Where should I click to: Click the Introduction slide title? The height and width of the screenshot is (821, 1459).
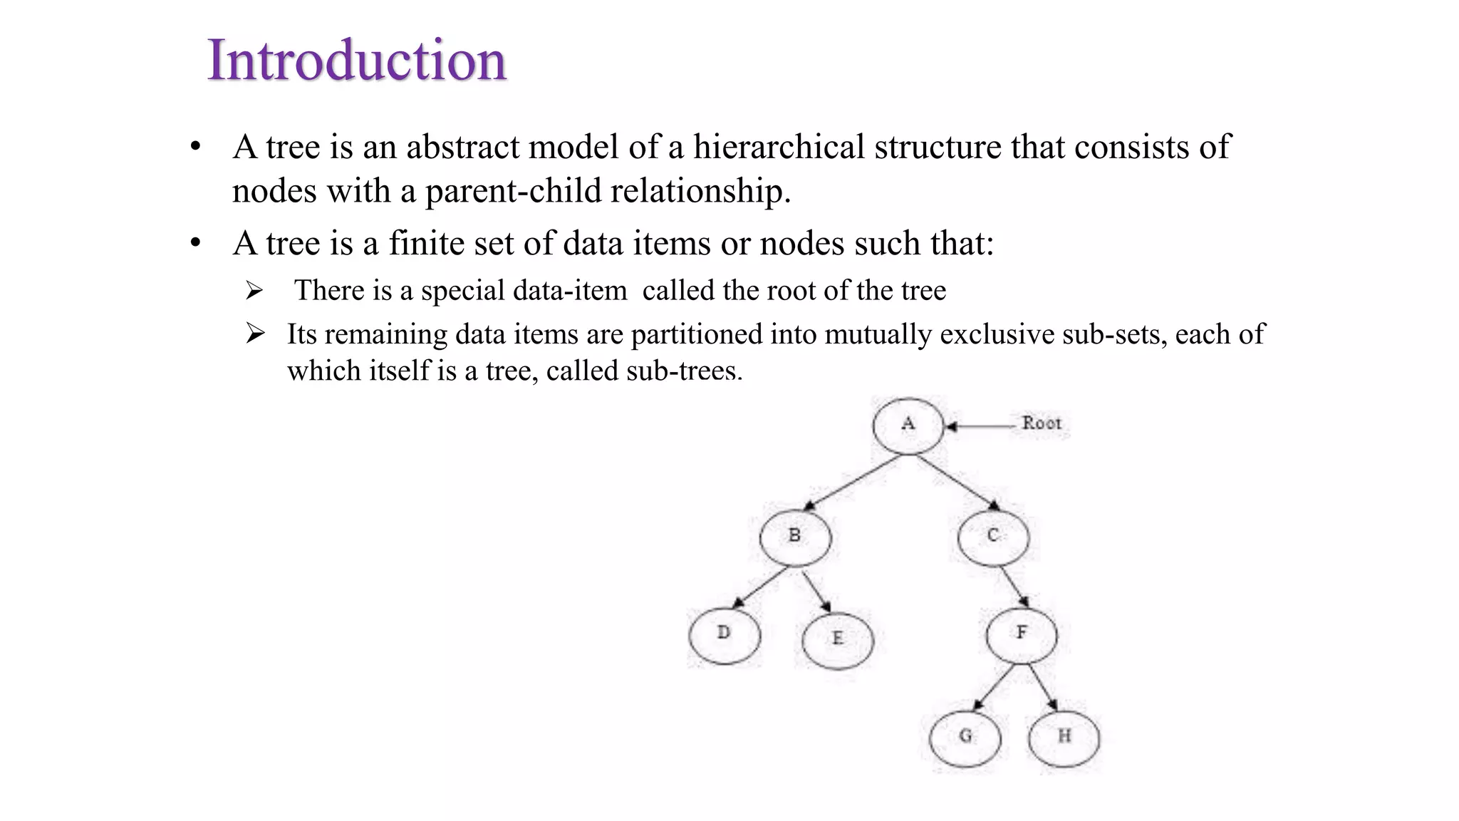356,60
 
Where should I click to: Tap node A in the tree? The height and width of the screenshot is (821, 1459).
908,425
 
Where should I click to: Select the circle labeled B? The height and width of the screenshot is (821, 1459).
795,537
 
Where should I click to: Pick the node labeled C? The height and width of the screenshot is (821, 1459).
993,537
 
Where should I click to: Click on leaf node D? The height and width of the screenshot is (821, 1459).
724,635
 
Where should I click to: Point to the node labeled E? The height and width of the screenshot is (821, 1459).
837,639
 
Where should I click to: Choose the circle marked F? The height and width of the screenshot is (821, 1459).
1022,634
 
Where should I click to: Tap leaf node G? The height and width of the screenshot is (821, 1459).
965,738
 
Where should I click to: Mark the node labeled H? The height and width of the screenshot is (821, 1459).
1064,738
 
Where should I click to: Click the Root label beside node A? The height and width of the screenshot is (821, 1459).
1042,423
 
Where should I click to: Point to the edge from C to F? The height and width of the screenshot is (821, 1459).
1014,586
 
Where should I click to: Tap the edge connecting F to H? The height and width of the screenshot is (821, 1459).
1042,687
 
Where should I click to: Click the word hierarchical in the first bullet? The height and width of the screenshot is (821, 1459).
779,148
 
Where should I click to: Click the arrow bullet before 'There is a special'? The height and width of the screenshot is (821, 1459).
254,291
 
